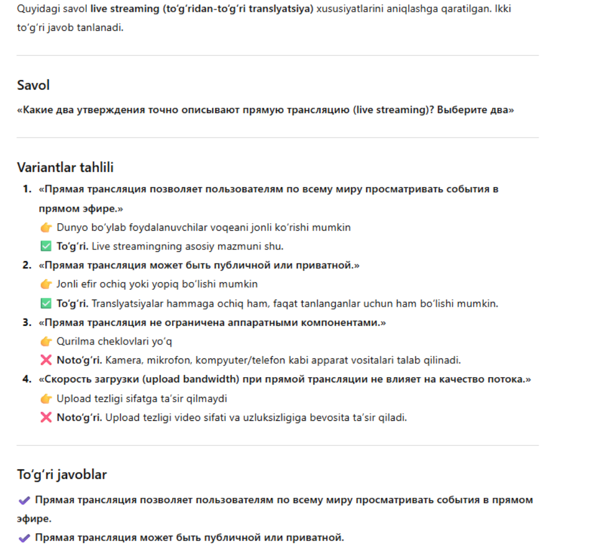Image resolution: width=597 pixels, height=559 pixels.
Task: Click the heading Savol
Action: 33,85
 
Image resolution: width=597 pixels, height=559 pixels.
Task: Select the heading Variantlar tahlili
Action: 65,168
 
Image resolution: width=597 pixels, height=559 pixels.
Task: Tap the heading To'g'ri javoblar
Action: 62,474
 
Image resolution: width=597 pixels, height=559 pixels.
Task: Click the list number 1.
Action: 26,189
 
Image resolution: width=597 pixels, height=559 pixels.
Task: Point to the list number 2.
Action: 26,265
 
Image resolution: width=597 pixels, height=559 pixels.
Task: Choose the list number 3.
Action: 26,322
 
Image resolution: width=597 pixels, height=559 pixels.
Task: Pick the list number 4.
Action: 26,379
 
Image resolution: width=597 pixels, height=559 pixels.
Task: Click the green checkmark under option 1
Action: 46,246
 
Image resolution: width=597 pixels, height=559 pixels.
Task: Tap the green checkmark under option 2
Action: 46,303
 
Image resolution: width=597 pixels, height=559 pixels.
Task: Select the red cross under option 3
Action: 46,360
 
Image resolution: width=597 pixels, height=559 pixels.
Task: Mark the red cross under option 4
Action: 46,417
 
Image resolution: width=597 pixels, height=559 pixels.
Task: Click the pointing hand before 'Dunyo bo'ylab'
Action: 46,227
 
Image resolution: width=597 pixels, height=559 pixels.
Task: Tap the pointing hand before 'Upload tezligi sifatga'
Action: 46,399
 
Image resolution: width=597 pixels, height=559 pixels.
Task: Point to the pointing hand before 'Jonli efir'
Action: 46,284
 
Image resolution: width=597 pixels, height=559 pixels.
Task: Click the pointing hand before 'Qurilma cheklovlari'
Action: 46,342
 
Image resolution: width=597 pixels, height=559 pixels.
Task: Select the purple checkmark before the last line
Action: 24,537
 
